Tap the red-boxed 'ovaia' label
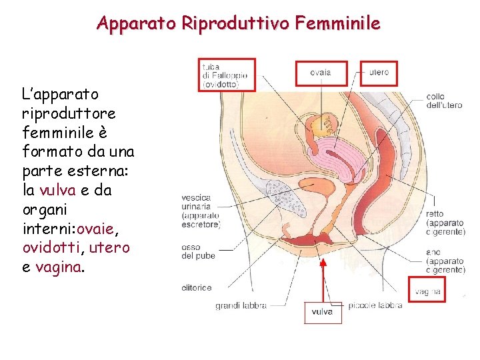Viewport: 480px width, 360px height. coord(321,73)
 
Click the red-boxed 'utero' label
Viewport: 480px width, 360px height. coord(379,73)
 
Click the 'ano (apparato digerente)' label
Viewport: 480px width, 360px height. coord(445,261)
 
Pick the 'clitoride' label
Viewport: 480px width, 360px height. coord(197,288)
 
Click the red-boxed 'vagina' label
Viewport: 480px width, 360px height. coord(427,291)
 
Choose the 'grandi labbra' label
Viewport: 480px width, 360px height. coord(241,306)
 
